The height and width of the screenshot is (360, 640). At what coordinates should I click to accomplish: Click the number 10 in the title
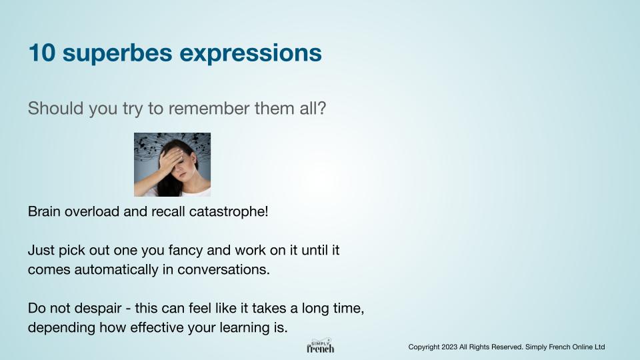tap(41, 53)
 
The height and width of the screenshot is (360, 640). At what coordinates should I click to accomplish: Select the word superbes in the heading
tap(117, 54)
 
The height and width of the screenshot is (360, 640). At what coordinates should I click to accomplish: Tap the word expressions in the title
tap(251, 54)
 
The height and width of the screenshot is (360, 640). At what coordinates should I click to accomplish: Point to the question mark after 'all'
tap(321, 108)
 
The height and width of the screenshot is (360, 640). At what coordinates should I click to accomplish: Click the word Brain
tap(44, 211)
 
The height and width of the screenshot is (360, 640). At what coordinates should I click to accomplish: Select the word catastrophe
tap(229, 212)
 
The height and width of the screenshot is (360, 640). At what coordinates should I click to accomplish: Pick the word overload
tap(92, 211)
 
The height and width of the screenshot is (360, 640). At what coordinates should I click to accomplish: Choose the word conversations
tap(224, 270)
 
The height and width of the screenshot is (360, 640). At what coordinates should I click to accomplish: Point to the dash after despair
tap(129, 309)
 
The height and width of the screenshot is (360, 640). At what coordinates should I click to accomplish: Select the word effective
tap(157, 327)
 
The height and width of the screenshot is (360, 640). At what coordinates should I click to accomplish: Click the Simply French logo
tap(321, 345)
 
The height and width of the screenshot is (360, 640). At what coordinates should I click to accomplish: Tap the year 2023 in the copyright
tap(449, 347)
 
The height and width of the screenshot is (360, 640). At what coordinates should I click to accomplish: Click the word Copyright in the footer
tap(424, 347)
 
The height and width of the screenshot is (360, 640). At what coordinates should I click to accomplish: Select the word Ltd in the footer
tap(599, 347)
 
